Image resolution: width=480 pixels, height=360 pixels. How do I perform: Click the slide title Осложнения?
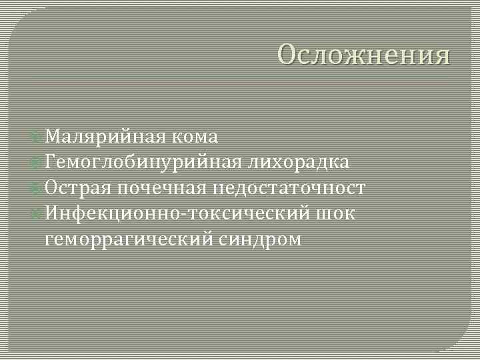pyautogui.click(x=364, y=55)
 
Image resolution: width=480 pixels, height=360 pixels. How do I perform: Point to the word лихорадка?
pyautogui.click(x=299, y=163)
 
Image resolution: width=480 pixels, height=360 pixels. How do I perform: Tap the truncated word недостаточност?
pyautogui.click(x=289, y=188)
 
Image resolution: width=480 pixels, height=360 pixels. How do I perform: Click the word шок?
pyautogui.click(x=337, y=213)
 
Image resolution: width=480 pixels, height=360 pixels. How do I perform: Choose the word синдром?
pyautogui.click(x=260, y=239)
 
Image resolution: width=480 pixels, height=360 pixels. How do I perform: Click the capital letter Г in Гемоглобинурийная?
pyautogui.click(x=51, y=163)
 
